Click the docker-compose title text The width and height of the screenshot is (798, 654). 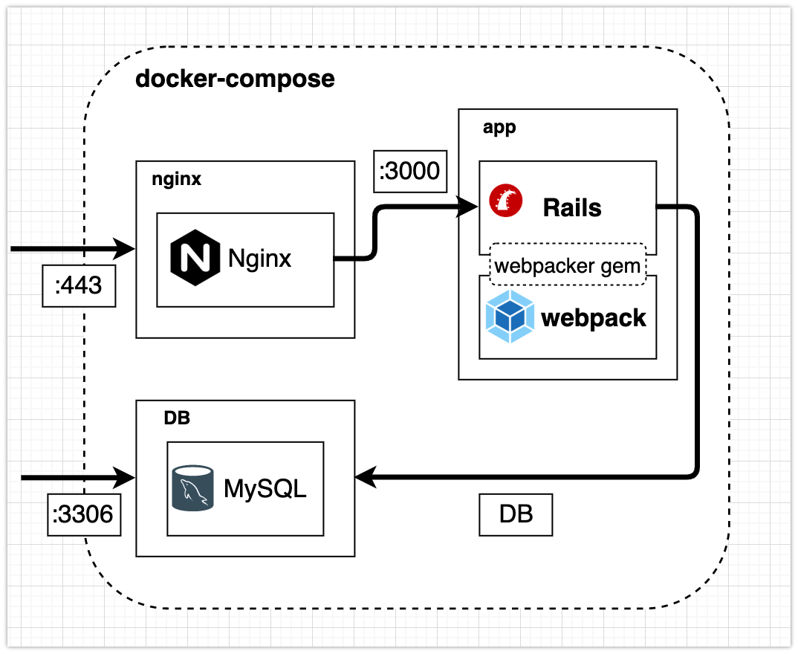[235, 79]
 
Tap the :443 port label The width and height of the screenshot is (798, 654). [79, 285]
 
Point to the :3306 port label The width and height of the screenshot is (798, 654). [84, 514]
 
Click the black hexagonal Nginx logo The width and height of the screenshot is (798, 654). [195, 258]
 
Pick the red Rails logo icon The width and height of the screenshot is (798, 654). [506, 201]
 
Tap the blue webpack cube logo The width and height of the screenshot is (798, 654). [509, 317]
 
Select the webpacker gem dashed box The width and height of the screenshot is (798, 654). [568, 265]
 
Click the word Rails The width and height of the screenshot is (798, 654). [572, 207]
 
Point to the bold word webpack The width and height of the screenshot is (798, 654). [594, 318]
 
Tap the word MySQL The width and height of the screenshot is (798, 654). [265, 489]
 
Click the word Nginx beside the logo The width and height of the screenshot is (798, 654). [260, 258]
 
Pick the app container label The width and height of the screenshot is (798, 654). [499, 127]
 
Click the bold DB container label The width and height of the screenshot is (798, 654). [177, 418]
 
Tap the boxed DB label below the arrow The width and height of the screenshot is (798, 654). [516, 514]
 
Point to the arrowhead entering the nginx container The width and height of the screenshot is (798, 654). [126, 249]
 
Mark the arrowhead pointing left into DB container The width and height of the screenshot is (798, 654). [366, 477]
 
